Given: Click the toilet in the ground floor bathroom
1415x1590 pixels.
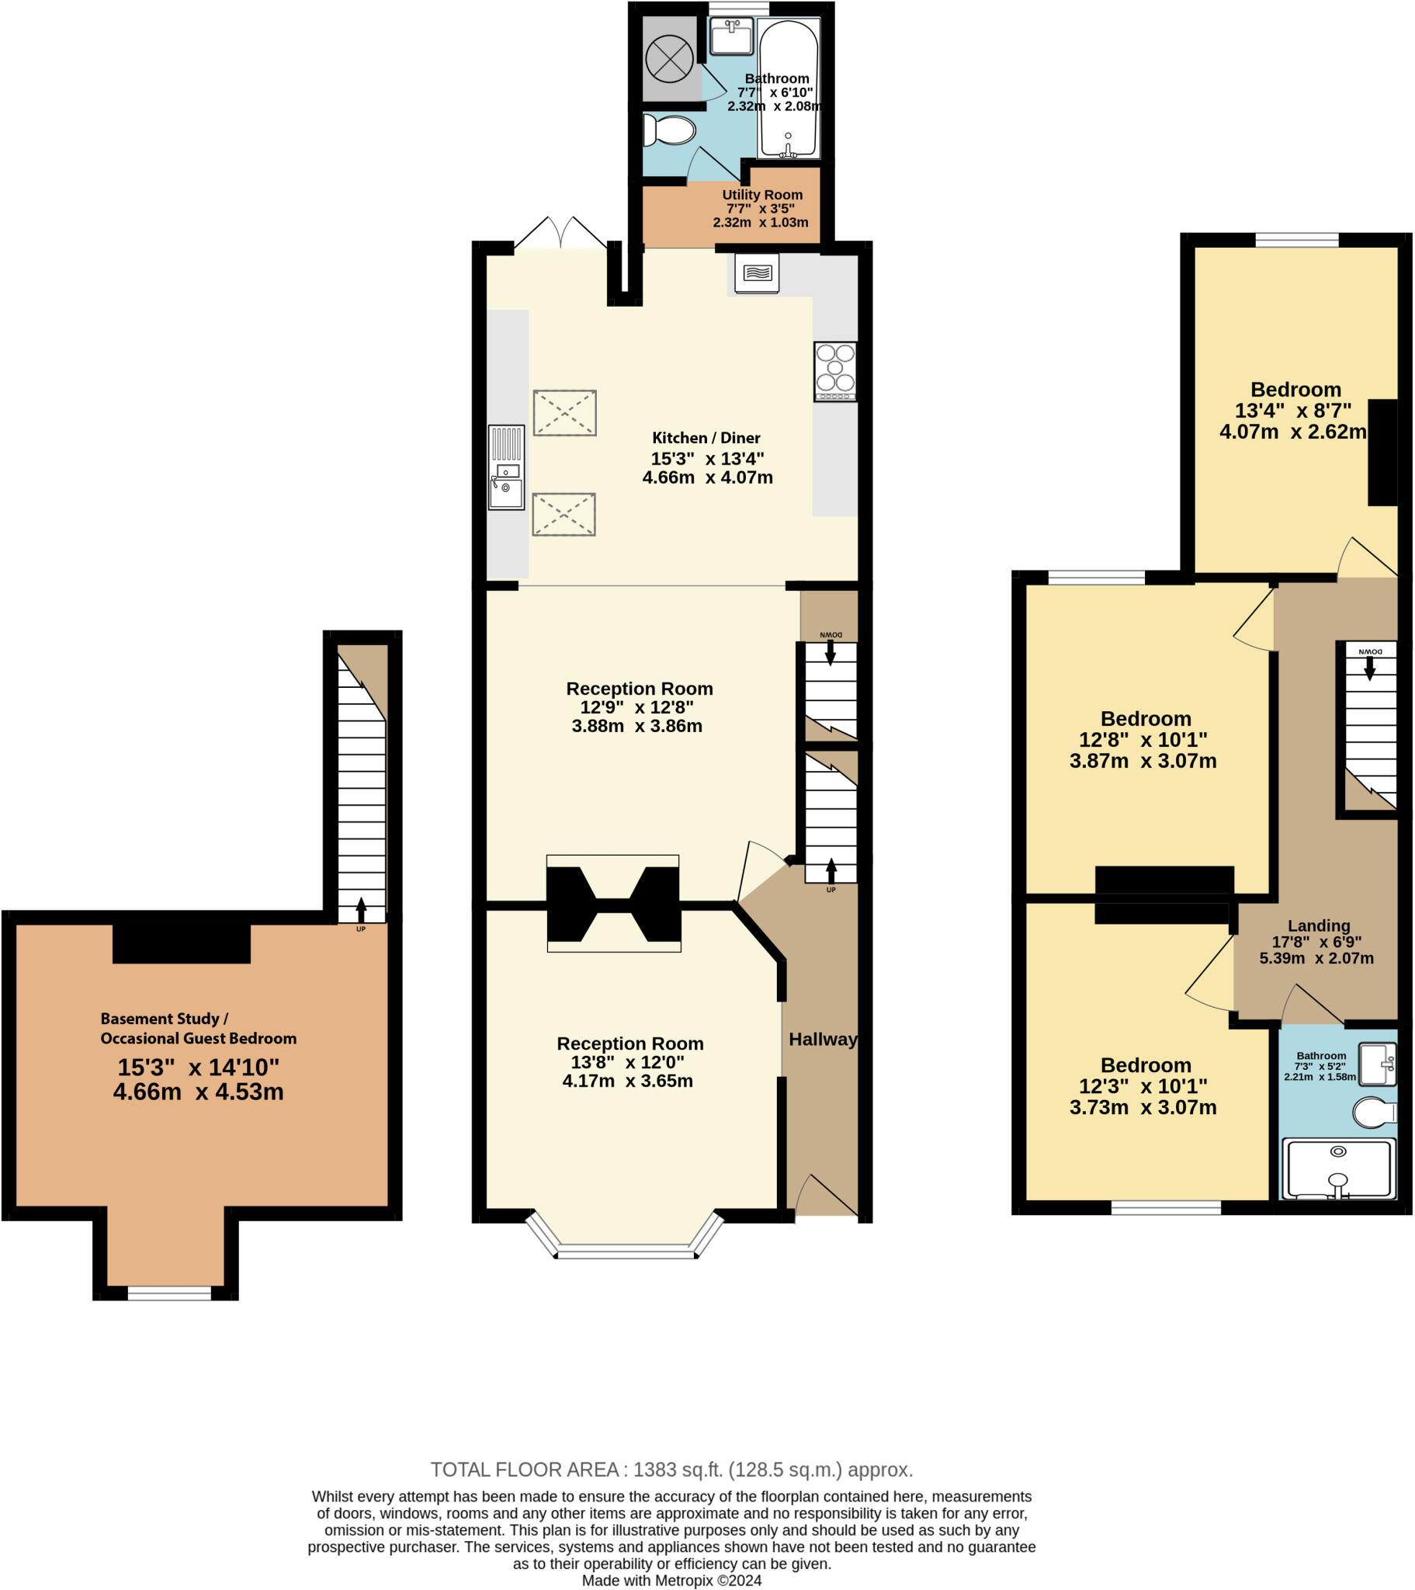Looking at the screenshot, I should tap(670, 130).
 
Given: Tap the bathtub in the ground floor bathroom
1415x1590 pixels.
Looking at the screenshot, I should tap(788, 89).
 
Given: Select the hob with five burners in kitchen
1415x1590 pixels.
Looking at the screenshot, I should tap(834, 371).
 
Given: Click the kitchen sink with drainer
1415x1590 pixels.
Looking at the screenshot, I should tap(505, 467).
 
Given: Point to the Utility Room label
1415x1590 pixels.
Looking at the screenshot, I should tap(761, 194).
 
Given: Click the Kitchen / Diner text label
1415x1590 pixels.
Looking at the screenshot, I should tap(706, 438).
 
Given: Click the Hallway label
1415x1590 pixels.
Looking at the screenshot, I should tap(822, 1040).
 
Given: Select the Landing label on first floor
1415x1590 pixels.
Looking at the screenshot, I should tap(1318, 925).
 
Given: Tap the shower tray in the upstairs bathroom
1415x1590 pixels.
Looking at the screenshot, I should tap(1337, 1169).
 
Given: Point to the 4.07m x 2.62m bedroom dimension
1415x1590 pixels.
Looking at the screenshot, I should tap(1292, 432).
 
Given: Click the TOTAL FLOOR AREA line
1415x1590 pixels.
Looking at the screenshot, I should tap(671, 1470).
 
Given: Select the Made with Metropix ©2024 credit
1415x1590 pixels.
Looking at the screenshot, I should tap(671, 1580).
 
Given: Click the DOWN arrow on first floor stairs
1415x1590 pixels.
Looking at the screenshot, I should tap(1369, 668).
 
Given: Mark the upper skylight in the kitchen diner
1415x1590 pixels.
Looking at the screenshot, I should tap(565, 412).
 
